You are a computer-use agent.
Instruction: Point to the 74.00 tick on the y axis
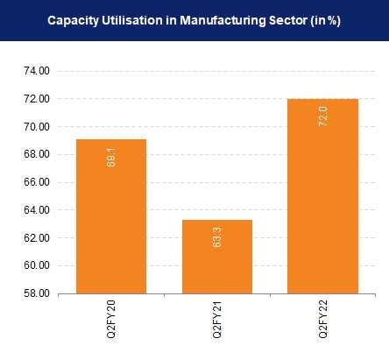[39, 71]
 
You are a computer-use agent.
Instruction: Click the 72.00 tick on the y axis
[39, 99]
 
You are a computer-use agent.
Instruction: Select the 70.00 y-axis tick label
[39, 127]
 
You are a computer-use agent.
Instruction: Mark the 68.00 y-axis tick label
[39, 154]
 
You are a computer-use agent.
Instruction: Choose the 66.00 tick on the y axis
[39, 182]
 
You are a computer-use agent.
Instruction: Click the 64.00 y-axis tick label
[39, 210]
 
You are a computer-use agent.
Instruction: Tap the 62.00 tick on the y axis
[39, 237]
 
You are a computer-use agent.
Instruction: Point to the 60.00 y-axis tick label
[39, 265]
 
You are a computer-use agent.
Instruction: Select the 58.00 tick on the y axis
[39, 293]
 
